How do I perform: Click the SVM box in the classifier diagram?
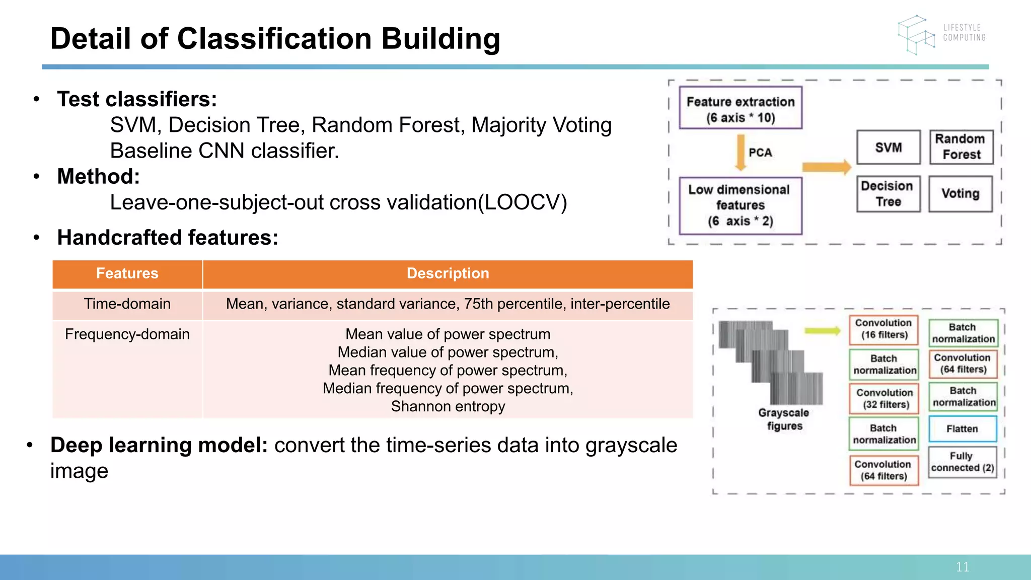[x=888, y=147]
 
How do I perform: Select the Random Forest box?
[x=961, y=147]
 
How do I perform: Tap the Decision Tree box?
[x=888, y=194]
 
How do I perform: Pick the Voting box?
[x=961, y=194]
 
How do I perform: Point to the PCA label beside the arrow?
[x=760, y=153]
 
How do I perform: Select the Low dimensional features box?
[x=740, y=205]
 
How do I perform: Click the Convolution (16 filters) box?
[x=883, y=329]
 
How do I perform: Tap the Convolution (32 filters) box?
[x=884, y=398]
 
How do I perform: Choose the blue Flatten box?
[x=962, y=429]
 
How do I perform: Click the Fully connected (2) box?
[x=962, y=462]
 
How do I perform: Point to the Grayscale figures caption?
[x=784, y=419]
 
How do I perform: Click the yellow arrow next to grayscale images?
[x=822, y=331]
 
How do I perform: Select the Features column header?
[x=127, y=273]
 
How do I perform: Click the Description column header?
[x=448, y=273]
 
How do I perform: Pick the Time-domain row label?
[x=127, y=304]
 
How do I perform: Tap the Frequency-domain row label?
[x=127, y=334]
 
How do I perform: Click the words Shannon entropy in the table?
[x=448, y=406]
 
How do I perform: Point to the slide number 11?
[x=963, y=567]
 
